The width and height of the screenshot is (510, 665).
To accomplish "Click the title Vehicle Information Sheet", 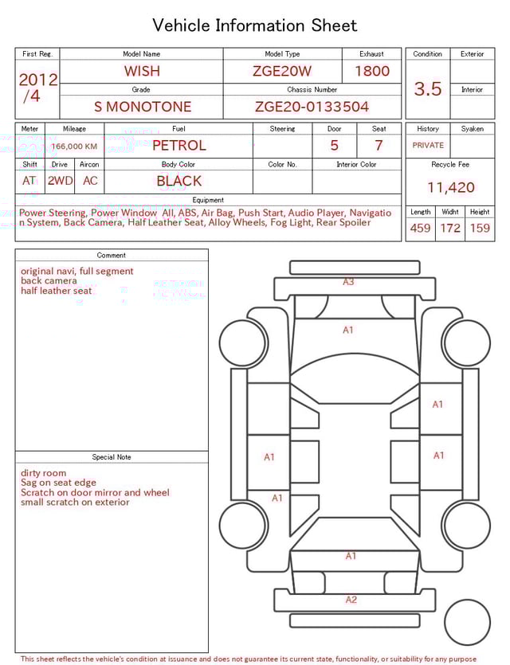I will tap(254, 25).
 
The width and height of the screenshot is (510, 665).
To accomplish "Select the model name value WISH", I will tap(142, 71).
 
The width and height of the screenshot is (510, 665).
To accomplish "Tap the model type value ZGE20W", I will tap(281, 71).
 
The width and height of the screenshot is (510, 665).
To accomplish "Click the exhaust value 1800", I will tap(372, 71).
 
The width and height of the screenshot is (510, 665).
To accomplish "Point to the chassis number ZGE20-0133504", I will tap(312, 107).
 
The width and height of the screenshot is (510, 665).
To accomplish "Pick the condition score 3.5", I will tap(428, 89).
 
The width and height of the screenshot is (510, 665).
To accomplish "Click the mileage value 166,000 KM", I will tap(74, 147).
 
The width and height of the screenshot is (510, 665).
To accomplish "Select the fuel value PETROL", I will tap(178, 146).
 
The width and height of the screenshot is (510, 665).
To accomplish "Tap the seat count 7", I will tap(379, 146).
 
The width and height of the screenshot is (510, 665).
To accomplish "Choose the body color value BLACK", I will tap(178, 181).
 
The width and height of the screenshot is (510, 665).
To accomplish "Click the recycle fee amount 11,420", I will tap(450, 188).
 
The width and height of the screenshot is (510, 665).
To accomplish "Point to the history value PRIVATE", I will tap(428, 146).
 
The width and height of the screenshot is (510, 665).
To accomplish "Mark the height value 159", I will tap(480, 229).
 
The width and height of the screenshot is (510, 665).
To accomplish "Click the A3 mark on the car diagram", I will tap(348, 282).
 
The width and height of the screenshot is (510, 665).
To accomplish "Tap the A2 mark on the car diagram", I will tap(351, 600).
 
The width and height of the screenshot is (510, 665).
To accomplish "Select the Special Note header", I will tap(112, 457).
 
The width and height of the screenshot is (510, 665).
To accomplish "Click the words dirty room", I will tap(44, 473).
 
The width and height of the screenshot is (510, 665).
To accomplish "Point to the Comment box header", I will tap(112, 255).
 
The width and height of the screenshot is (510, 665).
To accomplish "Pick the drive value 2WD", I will tap(60, 181).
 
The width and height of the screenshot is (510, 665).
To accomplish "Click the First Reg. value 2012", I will tap(37, 80).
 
